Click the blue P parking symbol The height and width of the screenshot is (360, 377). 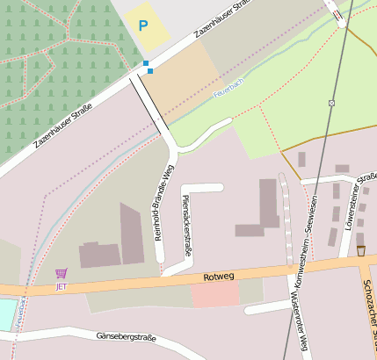click(143, 25)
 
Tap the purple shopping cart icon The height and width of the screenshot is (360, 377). click(61, 274)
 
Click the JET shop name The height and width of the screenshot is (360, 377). click(61, 286)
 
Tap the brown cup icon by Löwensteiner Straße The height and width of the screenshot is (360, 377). click(360, 251)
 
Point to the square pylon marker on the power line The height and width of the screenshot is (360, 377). click(331, 103)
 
